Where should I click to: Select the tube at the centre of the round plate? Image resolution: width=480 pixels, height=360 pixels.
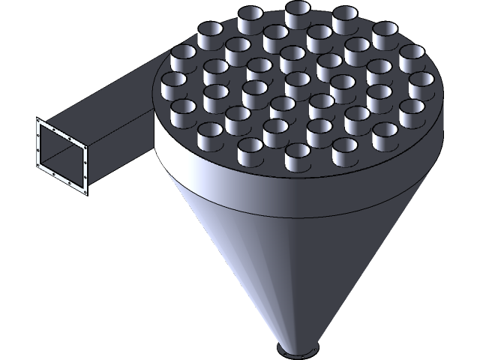point(297,82)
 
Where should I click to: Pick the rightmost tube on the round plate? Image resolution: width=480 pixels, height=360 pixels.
point(424,85)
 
